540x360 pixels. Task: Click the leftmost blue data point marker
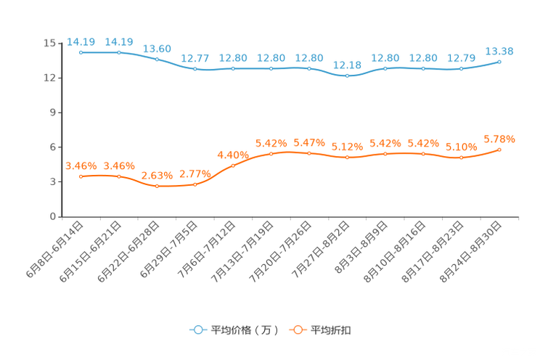(81, 52)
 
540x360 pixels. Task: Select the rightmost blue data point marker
(499, 62)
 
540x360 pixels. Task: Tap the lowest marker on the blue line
(348, 75)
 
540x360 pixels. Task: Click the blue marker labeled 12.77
(195, 69)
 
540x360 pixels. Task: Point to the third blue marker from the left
(157, 59)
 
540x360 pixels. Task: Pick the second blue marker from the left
(119, 52)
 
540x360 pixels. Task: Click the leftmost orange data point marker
(81, 176)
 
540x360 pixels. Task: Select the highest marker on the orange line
(499, 150)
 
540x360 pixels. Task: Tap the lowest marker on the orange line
(157, 187)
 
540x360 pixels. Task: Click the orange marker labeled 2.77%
(195, 184)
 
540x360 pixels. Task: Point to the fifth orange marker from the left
(233, 165)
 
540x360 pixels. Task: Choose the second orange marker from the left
(119, 176)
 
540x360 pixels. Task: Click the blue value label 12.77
(195, 57)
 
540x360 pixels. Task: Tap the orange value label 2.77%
(195, 173)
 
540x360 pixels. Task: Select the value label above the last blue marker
(499, 51)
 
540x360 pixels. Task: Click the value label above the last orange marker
(499, 138)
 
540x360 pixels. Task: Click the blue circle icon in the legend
(197, 330)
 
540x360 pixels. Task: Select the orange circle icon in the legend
(297, 330)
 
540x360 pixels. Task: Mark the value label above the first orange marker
(81, 165)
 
